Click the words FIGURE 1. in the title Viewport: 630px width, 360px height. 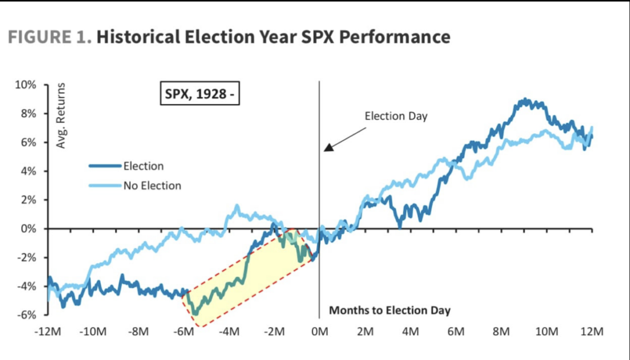(50, 37)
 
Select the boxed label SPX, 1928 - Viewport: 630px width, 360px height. (199, 93)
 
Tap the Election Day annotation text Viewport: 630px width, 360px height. (396, 116)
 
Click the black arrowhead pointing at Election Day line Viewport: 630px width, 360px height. (329, 147)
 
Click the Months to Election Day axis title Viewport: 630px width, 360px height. (389, 310)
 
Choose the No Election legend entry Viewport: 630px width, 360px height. (152, 186)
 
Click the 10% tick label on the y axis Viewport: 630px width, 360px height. (25, 85)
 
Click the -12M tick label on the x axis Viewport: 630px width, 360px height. (48, 331)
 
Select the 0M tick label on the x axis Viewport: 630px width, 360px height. (320, 331)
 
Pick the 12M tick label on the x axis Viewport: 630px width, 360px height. (592, 331)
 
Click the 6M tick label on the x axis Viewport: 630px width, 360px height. (456, 331)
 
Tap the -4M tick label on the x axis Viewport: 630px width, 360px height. (229, 331)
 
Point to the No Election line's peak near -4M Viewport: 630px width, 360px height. (237, 207)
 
